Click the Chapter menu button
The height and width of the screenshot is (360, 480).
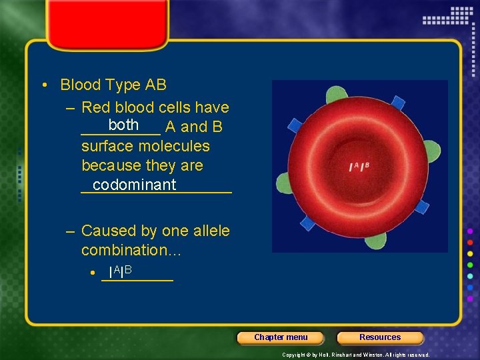click(281, 337)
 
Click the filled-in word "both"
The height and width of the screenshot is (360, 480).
click(123, 125)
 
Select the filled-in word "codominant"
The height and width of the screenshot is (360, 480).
click(135, 185)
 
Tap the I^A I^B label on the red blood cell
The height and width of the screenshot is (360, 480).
click(359, 166)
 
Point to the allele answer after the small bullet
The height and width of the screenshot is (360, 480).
click(121, 272)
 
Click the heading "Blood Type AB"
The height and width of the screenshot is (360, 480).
click(113, 85)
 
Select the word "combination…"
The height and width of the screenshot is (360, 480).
click(131, 250)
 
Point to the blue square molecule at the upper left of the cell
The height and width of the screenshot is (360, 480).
click(295, 125)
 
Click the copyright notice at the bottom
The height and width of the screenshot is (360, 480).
click(355, 355)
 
